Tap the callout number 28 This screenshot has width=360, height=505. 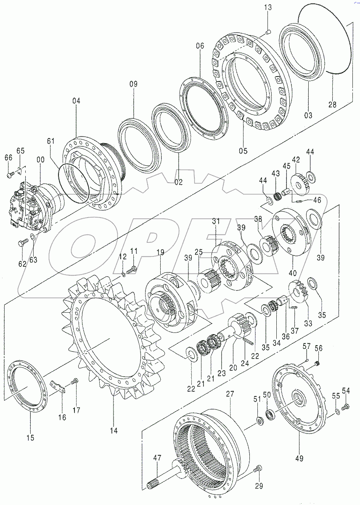[332, 105]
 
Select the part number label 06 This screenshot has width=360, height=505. [200, 46]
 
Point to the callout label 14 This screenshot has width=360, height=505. [114, 431]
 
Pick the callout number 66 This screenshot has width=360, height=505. [8, 157]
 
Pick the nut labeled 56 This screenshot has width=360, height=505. [317, 363]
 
